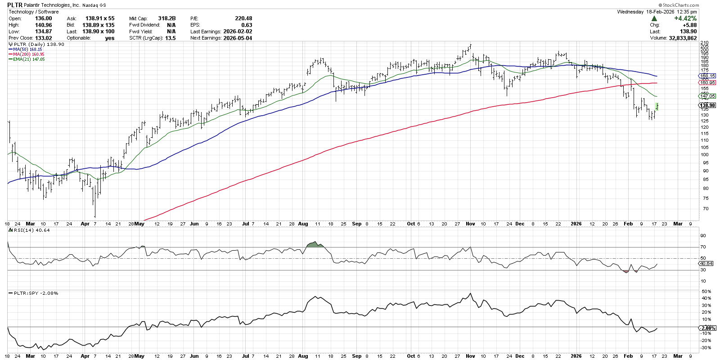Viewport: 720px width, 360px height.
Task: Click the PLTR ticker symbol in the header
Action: tap(15, 5)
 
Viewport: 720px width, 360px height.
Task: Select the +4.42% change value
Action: tap(685, 18)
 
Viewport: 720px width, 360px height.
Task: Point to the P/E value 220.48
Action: tap(243, 18)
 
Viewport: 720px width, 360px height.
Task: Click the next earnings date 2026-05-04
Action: tap(238, 38)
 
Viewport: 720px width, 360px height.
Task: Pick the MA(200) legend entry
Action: tap(28, 54)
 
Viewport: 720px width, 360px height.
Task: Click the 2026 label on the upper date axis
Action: tap(576, 224)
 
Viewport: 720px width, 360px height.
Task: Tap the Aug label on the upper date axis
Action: tap(303, 224)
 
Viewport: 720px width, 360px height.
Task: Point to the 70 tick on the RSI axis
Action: tap(703, 247)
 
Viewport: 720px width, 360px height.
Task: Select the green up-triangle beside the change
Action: tap(654, 18)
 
